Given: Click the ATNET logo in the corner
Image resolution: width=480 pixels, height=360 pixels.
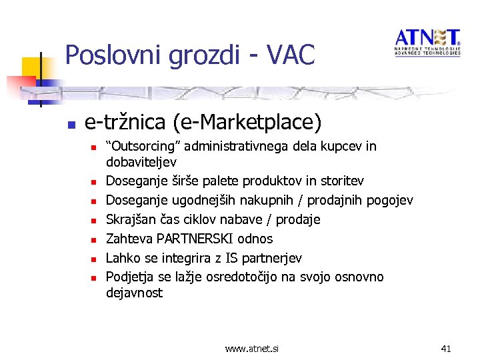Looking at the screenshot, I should (427, 42).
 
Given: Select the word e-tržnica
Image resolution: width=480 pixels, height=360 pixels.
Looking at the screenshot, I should (115, 123).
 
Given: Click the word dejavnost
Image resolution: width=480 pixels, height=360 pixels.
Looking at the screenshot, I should (135, 293).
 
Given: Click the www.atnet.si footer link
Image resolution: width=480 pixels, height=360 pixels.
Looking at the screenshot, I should (252, 348).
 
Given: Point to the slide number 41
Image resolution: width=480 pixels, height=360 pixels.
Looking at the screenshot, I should (446, 348).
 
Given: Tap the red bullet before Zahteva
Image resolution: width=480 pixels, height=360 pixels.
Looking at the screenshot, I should (95, 239).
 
